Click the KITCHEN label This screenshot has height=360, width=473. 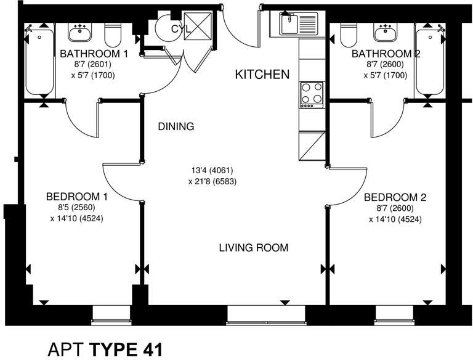point(262,75)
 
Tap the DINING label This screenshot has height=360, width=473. point(176,126)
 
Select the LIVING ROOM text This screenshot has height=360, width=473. point(254,248)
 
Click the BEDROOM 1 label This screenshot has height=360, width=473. point(76,197)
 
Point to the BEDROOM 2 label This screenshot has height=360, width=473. point(395,197)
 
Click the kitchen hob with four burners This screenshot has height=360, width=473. point(312,95)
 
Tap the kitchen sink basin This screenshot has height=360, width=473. point(289,23)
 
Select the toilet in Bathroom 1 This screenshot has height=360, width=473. point(113,35)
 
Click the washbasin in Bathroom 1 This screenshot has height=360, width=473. point(79,33)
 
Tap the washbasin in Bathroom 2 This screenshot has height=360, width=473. point(386,33)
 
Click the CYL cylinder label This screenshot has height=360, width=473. point(181,29)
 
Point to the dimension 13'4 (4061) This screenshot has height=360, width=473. point(212,171)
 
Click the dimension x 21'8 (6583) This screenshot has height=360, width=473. point(212,181)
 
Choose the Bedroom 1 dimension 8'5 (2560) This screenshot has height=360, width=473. point(76,208)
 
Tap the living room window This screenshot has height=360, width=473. point(267,315)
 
